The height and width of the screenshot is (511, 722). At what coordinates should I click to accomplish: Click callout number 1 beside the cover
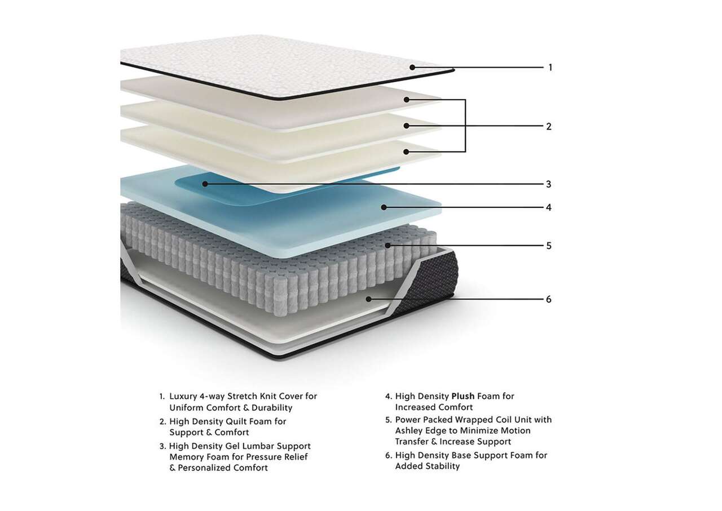click(x=550, y=68)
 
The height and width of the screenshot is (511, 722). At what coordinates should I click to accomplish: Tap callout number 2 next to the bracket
click(x=549, y=127)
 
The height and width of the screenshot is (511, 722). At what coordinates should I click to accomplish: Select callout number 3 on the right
click(x=549, y=184)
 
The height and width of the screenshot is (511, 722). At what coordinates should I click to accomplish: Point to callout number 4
click(x=549, y=208)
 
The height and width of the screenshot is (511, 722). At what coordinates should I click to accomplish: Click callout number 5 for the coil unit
click(x=549, y=246)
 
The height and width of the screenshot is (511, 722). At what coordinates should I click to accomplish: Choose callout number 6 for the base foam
click(x=549, y=300)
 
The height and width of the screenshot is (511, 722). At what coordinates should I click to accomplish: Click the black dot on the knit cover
click(x=412, y=67)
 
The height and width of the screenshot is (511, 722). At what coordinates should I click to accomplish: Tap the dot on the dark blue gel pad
click(x=205, y=184)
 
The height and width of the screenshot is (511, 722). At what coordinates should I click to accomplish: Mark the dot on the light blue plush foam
click(x=384, y=207)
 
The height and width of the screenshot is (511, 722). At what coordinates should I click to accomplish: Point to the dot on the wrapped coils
click(x=388, y=246)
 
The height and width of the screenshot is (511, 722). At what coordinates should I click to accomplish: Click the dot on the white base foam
click(x=369, y=299)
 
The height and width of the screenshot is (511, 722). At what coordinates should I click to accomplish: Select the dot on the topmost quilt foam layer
click(x=407, y=100)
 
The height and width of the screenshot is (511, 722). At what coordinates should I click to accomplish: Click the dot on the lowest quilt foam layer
click(x=406, y=152)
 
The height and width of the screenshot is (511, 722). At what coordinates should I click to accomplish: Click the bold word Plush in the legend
click(x=463, y=396)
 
